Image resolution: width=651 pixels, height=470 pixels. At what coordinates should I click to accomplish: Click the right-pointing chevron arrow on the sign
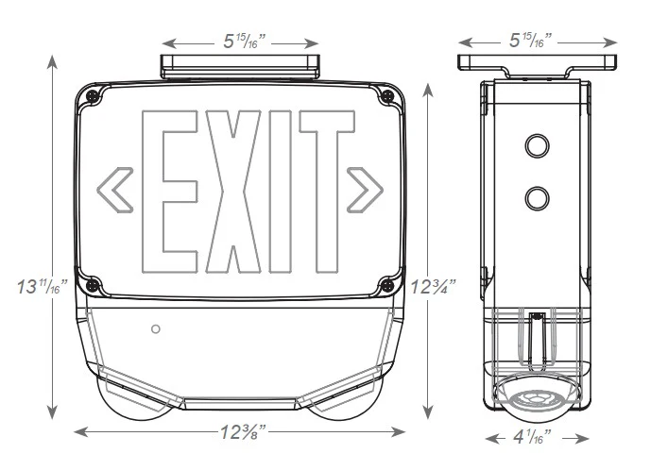365,189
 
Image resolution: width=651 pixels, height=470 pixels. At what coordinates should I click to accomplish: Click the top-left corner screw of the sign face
92,96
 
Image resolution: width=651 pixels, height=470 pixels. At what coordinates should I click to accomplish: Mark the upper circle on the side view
537,145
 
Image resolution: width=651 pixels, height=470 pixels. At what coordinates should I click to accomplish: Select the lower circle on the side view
537,197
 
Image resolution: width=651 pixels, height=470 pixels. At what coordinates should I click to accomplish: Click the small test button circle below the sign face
156,329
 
